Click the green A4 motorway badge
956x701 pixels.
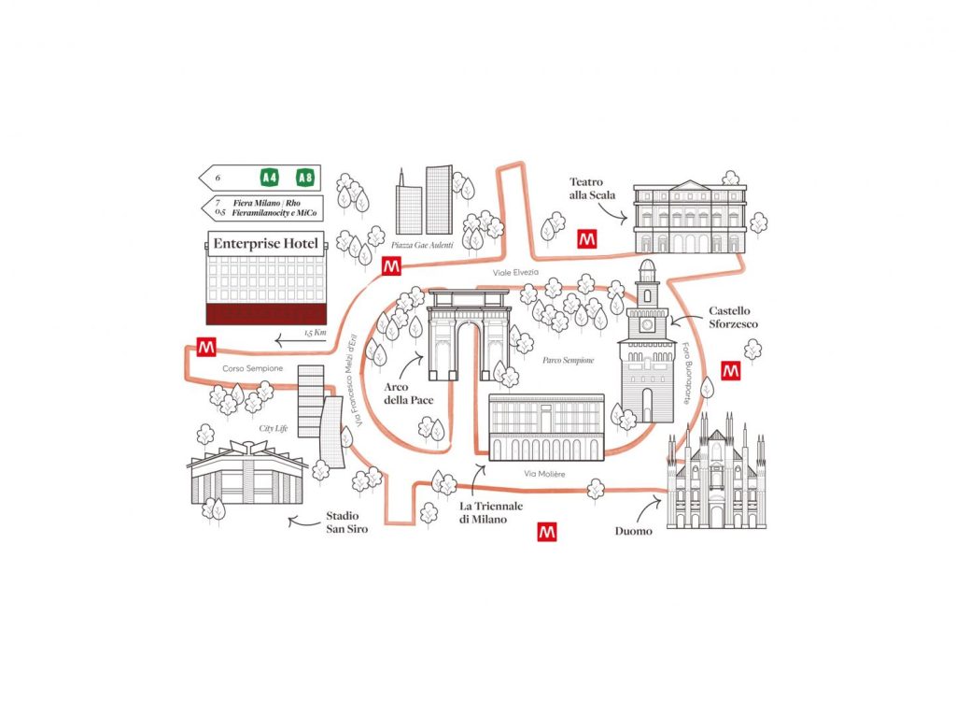[269, 178]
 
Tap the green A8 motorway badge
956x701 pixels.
[305, 178]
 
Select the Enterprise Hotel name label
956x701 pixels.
[266, 244]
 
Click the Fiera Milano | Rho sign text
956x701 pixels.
[266, 203]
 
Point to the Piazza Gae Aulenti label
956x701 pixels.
[423, 245]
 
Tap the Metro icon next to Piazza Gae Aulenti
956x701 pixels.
[391, 266]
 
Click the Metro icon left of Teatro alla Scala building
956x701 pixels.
[587, 238]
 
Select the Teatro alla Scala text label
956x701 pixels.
[592, 189]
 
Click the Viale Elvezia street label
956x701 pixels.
[515, 272]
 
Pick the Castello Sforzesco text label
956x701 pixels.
[733, 318]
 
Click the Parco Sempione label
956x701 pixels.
[569, 360]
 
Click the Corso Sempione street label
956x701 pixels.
[252, 368]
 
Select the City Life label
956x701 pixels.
[274, 428]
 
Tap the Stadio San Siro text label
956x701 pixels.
[347, 522]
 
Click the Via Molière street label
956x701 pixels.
[544, 474]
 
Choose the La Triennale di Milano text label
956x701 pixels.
[491, 513]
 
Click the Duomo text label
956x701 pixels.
[633, 531]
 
